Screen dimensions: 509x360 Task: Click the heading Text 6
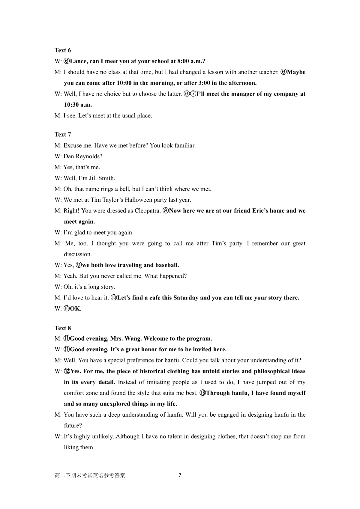pos(63,50)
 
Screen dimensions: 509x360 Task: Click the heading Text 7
pos(63,135)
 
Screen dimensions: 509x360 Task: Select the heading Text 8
pos(63,328)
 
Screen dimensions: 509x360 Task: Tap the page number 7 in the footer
pos(180,475)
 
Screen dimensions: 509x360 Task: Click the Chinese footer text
pos(90,475)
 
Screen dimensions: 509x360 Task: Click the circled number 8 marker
pos(166,211)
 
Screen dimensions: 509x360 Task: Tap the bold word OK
pos(76,309)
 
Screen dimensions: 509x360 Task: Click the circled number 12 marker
pos(67,371)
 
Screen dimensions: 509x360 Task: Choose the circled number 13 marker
pos(202,393)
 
